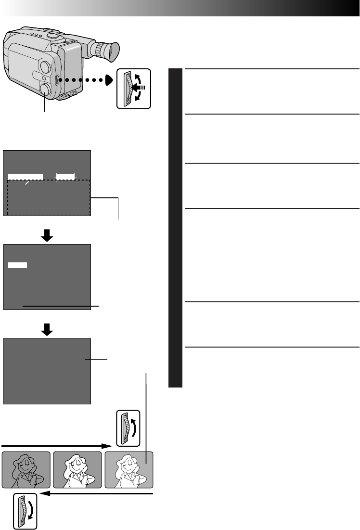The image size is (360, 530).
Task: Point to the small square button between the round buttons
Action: (x=43, y=78)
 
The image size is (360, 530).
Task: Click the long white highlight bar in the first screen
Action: (x=26, y=177)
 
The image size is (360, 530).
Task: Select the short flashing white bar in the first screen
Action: (x=65, y=177)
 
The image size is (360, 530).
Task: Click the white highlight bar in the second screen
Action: (x=18, y=265)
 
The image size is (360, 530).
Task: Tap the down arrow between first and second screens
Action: (x=47, y=235)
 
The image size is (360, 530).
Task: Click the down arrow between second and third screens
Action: (x=47, y=329)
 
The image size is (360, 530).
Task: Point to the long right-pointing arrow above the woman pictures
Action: (x=58, y=446)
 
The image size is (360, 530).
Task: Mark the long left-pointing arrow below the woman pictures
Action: (x=96, y=494)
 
